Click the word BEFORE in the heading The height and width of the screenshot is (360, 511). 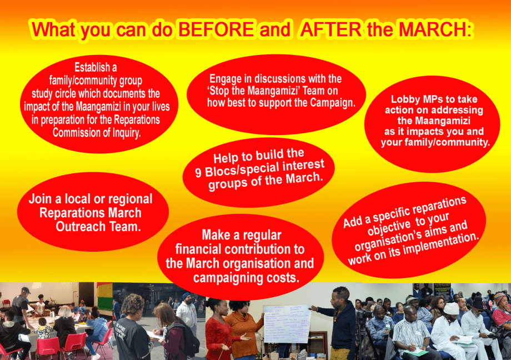pos(216,29)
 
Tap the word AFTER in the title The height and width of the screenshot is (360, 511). pos(330,29)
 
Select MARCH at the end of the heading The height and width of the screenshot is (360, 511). pos(435,29)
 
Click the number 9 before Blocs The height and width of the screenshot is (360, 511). pos(198,173)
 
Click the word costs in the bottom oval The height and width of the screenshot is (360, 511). pos(282,278)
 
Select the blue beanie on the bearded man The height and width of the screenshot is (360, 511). pos(186,296)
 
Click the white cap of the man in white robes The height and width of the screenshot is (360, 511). pos(452,308)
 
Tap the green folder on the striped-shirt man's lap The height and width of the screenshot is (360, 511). pos(416,352)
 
